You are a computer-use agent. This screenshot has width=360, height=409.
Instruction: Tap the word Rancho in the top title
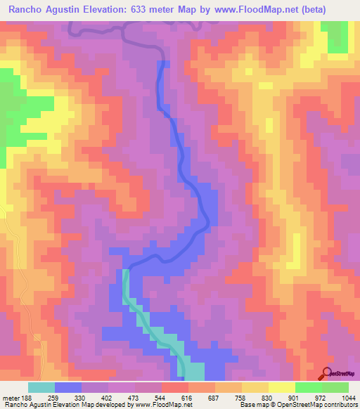pyautogui.click(x=27, y=10)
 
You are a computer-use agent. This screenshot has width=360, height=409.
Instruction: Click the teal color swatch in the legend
pyautogui.click(x=41, y=387)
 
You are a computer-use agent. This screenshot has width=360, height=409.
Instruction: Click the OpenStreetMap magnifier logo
pyautogui.click(x=327, y=374)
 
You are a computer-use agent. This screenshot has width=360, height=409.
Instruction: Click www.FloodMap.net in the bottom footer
pyautogui.click(x=164, y=404)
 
